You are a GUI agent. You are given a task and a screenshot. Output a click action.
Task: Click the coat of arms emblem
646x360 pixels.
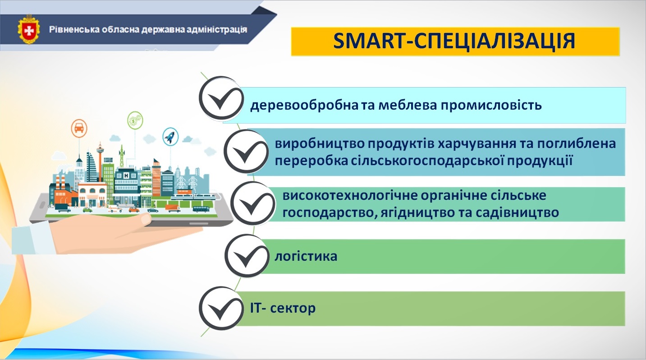tap(29, 30)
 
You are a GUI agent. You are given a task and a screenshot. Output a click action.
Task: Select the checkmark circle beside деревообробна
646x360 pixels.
tap(221, 98)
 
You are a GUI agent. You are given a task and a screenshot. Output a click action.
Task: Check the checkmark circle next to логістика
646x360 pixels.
tap(247, 256)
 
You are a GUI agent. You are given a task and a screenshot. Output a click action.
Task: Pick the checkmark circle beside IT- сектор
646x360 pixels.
tap(221, 308)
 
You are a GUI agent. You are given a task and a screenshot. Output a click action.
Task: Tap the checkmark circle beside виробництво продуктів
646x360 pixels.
tap(246, 152)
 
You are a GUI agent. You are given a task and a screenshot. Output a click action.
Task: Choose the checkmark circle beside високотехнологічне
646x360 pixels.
tap(253, 203)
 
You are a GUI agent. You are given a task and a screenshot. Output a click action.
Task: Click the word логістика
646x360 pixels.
tap(306, 256)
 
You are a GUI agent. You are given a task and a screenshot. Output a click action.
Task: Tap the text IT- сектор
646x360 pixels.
tap(283, 308)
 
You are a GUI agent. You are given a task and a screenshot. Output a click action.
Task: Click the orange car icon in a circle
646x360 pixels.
tap(79, 128)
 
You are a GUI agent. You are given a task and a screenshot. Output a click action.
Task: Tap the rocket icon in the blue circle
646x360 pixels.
tap(170, 137)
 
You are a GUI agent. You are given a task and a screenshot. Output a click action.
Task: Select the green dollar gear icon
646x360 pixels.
tap(135, 120)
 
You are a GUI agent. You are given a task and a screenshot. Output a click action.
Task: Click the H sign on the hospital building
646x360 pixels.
tap(126, 175)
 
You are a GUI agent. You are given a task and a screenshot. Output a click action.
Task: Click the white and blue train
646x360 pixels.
tap(193, 198)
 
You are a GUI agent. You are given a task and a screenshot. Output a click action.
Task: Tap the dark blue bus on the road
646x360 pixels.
tap(201, 209)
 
